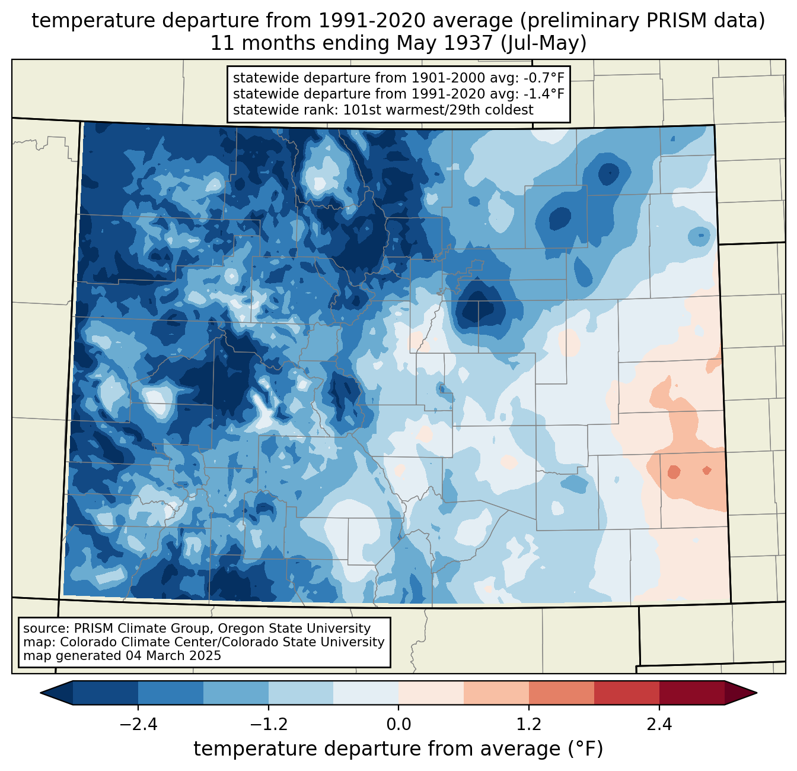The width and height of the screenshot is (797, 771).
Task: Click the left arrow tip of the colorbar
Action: (x=41, y=693)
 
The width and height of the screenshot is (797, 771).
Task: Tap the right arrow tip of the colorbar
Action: (x=756, y=693)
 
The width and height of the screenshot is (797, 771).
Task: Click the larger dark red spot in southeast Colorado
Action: (x=674, y=472)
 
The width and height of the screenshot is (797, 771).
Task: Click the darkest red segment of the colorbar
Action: (x=692, y=693)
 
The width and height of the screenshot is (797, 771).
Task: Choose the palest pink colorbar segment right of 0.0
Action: (x=431, y=693)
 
